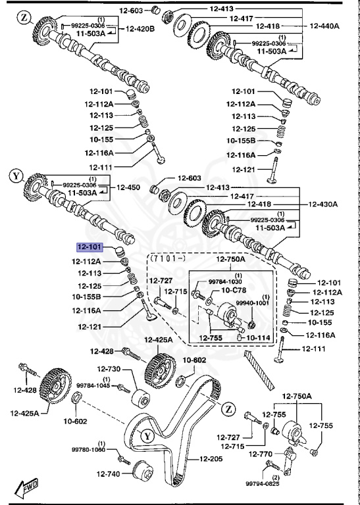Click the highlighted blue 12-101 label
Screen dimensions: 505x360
[91, 248]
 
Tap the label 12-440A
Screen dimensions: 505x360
[324, 26]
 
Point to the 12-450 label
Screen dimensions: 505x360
[128, 187]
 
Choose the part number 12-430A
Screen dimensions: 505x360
[324, 204]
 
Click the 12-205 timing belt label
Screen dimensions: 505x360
[212, 458]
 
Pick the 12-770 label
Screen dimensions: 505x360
[261, 454]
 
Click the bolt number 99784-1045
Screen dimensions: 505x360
[95, 385]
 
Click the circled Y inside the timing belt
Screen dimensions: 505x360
[147, 435]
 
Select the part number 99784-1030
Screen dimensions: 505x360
[225, 281]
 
